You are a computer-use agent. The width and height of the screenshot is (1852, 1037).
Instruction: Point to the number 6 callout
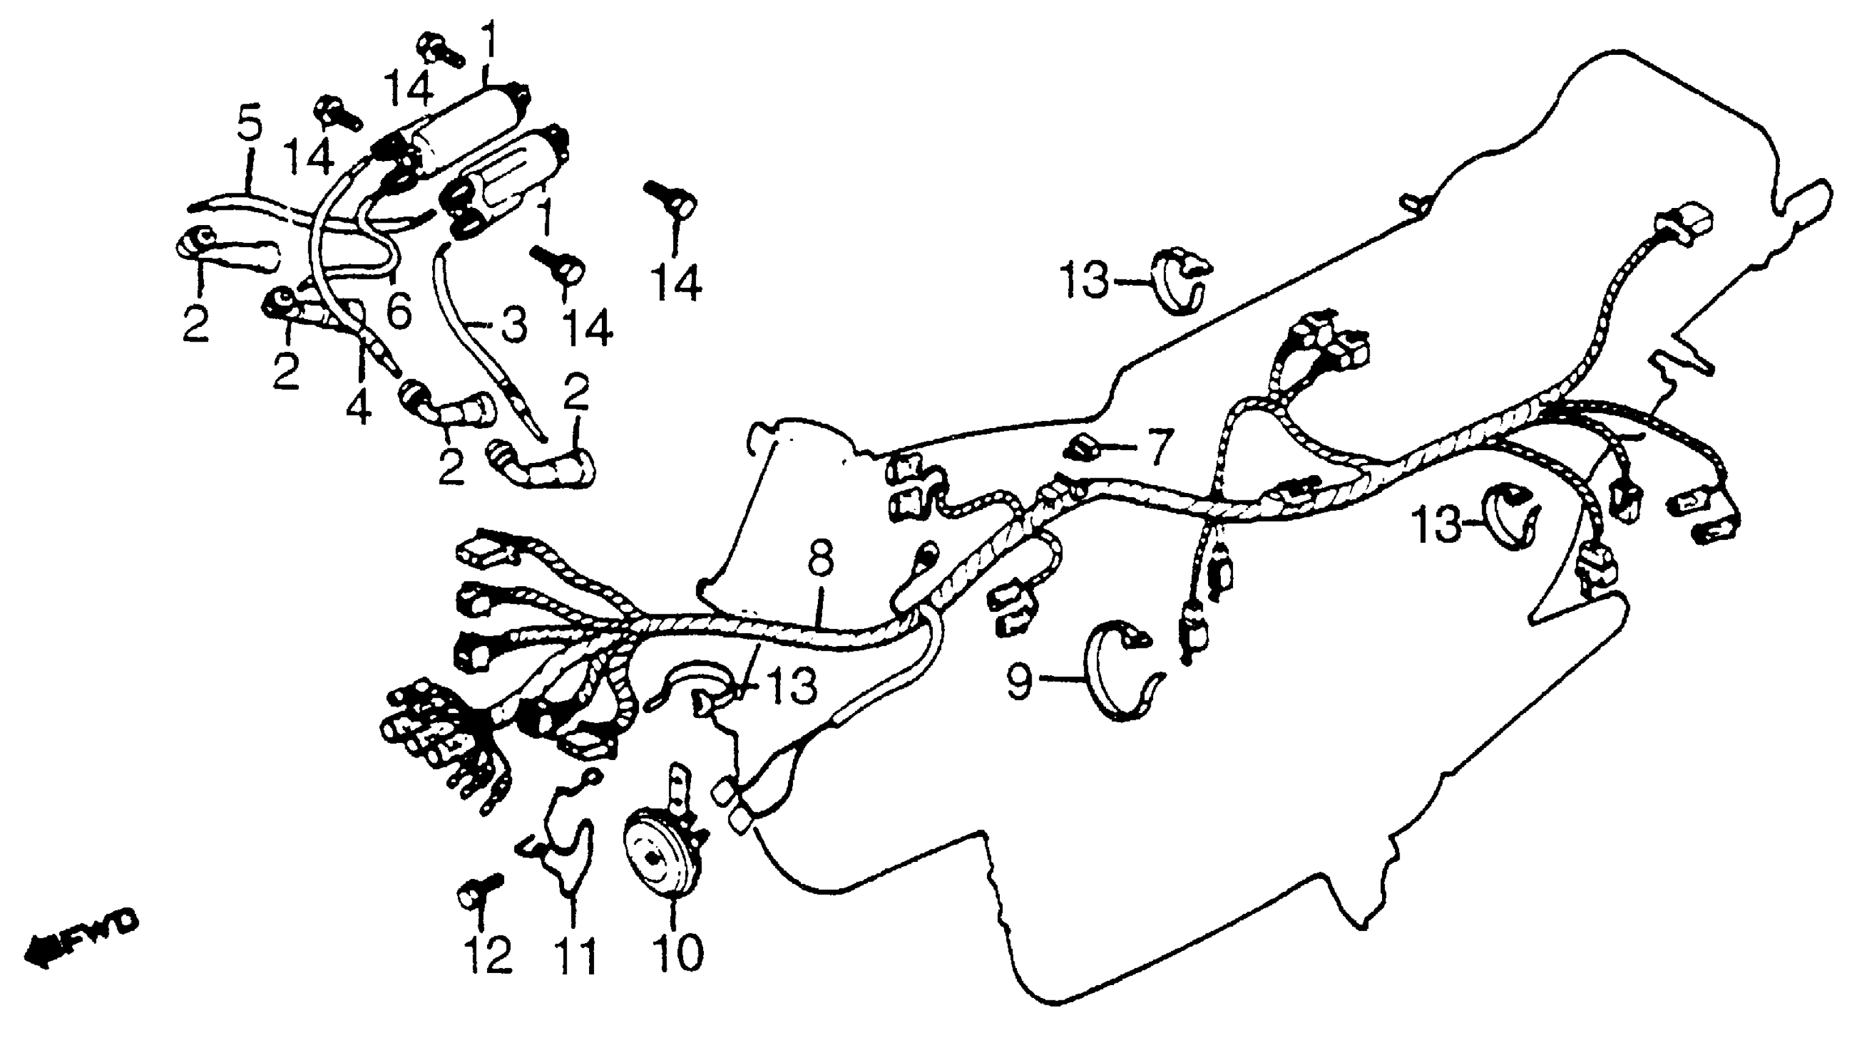(398, 309)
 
